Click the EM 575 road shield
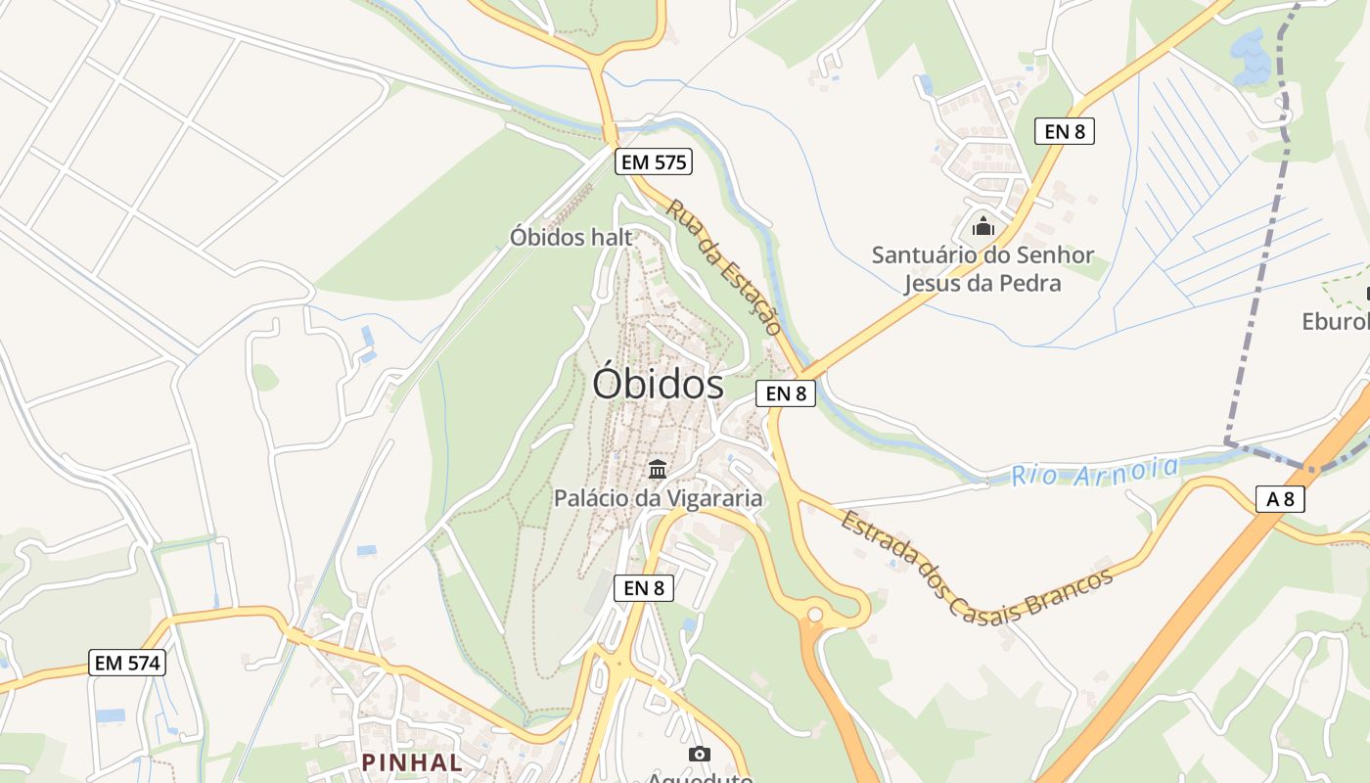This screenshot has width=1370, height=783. pos(654,161)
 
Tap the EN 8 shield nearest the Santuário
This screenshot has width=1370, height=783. pos(1064,131)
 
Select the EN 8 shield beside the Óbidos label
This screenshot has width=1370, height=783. pos(786,393)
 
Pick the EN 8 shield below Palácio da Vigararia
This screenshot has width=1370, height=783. pos(644,587)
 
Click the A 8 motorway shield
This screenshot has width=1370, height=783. pos(1280,499)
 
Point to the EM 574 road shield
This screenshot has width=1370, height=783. pos(127,663)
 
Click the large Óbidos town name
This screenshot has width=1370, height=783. pos(658,385)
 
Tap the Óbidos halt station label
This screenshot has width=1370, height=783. pos(571,237)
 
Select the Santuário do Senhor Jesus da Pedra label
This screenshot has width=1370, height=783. pos(982,269)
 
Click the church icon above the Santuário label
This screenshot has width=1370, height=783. pos(983,228)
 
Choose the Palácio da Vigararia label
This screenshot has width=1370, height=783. pos(658,498)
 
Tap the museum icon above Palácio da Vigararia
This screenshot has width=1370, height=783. pos(658,468)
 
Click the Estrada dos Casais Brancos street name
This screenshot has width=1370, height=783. pos(976,566)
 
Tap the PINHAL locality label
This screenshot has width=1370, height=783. pos(412,761)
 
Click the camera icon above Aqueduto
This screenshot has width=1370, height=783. pos(699,753)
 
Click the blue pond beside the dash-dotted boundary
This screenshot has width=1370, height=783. pos(1251,56)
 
